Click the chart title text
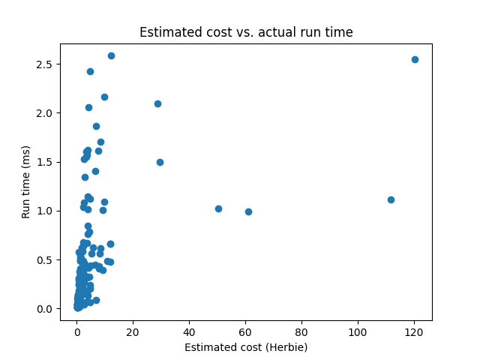(x=246, y=32)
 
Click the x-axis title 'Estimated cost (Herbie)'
(x=246, y=347)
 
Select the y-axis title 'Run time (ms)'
(x=25, y=182)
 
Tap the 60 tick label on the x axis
(x=245, y=331)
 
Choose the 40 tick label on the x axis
(x=189, y=331)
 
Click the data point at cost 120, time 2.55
(x=415, y=59)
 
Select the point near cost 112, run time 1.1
(x=391, y=199)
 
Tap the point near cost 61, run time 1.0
(x=248, y=211)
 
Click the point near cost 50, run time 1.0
(x=218, y=208)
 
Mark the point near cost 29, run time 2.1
(x=157, y=103)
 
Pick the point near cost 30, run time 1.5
(x=160, y=162)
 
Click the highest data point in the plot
(x=111, y=55)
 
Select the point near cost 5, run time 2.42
(x=90, y=71)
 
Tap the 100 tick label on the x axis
(x=358, y=331)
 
